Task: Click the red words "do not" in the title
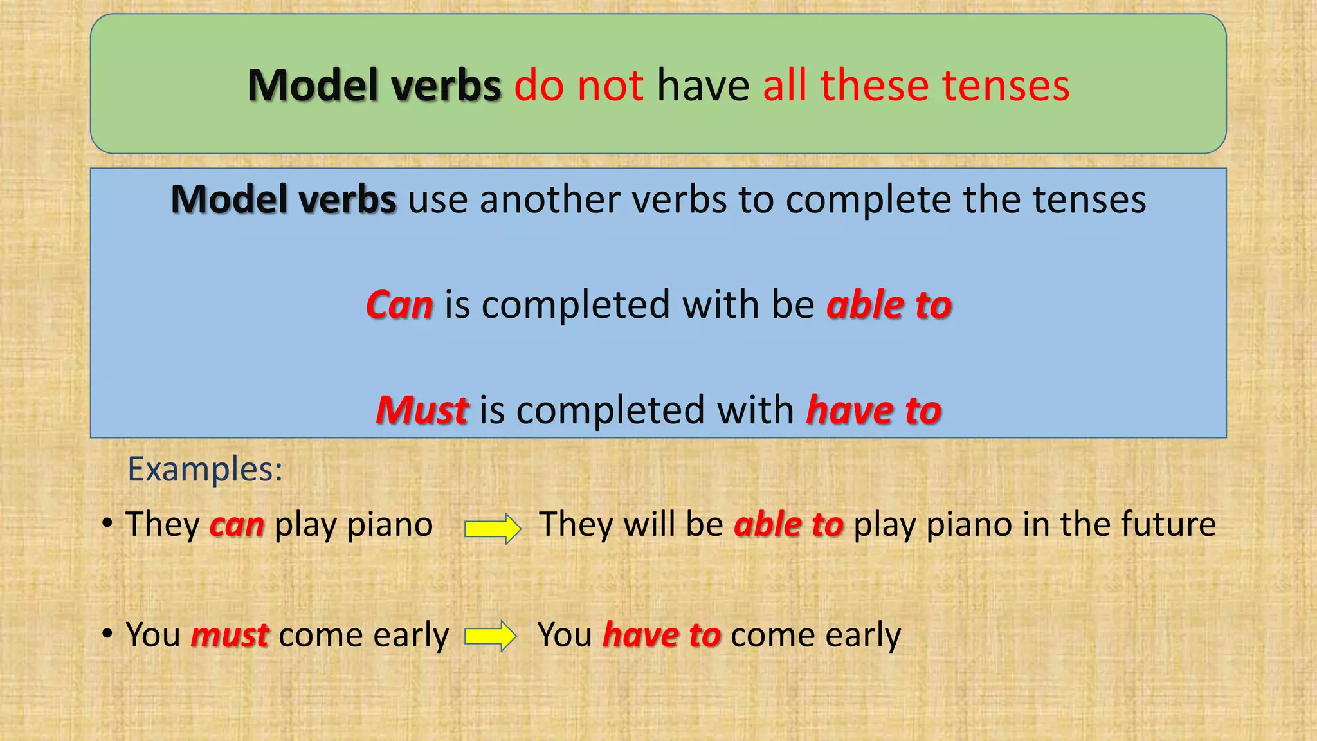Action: point(578,86)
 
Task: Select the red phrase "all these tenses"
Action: point(916,86)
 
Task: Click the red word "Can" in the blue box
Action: point(399,304)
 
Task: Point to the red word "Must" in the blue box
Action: point(422,410)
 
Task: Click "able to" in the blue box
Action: point(889,304)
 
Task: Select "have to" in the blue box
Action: point(874,410)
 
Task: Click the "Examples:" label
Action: point(205,468)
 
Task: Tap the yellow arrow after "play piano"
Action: point(493,529)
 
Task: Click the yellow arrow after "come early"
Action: point(490,636)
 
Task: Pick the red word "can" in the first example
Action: point(237,524)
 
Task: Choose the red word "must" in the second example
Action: point(230,635)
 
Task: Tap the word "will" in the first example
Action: point(649,524)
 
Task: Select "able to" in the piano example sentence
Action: point(788,524)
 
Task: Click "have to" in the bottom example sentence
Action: point(662,635)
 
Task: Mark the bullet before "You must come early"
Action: point(107,633)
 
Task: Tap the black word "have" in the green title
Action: point(703,86)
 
